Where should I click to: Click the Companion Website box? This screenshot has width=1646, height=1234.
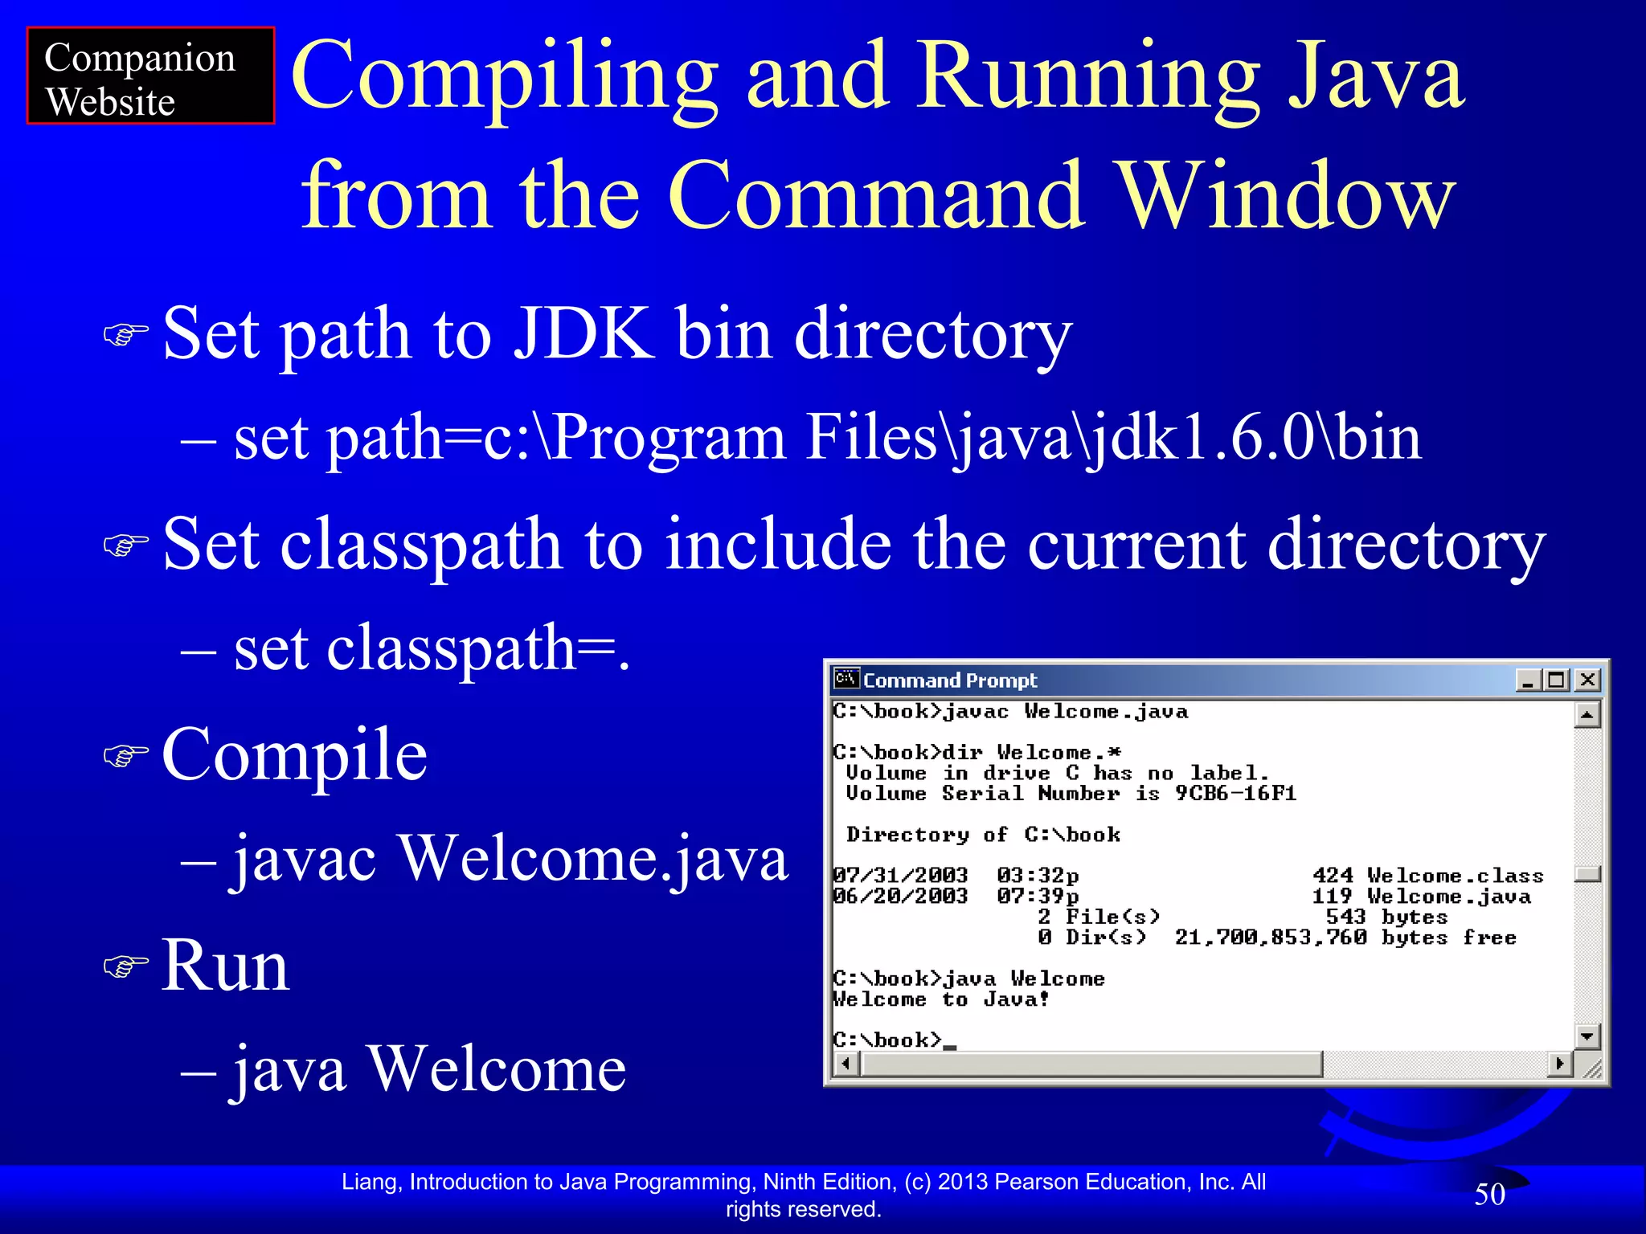coord(150,76)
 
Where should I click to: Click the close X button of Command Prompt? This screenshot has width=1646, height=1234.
coord(1587,680)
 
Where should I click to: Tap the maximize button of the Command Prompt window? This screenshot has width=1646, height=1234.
coord(1558,680)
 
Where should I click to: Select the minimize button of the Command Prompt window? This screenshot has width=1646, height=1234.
coord(1529,680)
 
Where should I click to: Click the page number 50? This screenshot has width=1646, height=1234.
coord(1489,1195)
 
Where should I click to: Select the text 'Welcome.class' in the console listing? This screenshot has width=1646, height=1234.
coord(1455,876)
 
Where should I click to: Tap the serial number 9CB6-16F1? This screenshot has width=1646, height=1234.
coord(1235,794)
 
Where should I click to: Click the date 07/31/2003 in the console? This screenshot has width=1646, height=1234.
coord(900,876)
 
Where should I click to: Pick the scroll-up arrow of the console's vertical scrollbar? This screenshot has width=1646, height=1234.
coord(1587,714)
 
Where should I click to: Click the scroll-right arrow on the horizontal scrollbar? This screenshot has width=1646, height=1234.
coord(1559,1064)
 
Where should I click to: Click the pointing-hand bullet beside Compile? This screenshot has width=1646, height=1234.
coord(126,755)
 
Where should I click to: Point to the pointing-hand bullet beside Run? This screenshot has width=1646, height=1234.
coord(126,966)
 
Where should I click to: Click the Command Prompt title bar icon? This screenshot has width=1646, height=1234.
coord(846,680)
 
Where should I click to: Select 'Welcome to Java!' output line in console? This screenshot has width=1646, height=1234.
coord(940,1000)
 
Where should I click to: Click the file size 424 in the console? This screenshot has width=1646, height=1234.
coord(1333,876)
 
